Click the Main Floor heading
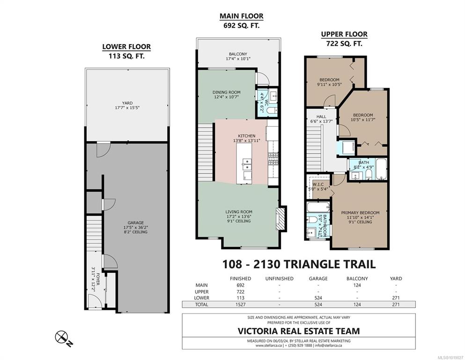pyautogui.click(x=241, y=16)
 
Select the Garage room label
pyautogui.click(x=135, y=223)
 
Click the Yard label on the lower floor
pyautogui.click(x=127, y=103)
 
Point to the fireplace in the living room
pyautogui.click(x=280, y=219)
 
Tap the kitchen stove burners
pyautogui.click(x=273, y=158)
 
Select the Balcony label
pyautogui.click(x=238, y=54)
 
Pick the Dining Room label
pyautogui.click(x=227, y=92)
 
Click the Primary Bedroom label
pyautogui.click(x=360, y=213)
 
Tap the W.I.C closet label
pyautogui.click(x=318, y=184)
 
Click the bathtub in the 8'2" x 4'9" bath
pyautogui.click(x=381, y=169)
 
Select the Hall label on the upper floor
pyautogui.click(x=321, y=117)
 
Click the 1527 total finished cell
pyautogui.click(x=241, y=305)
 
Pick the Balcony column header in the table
pyautogui.click(x=357, y=279)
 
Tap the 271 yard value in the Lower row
pyautogui.click(x=396, y=298)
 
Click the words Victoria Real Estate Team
pyautogui.click(x=299, y=331)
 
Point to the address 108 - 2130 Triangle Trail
pyautogui.click(x=299, y=264)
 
